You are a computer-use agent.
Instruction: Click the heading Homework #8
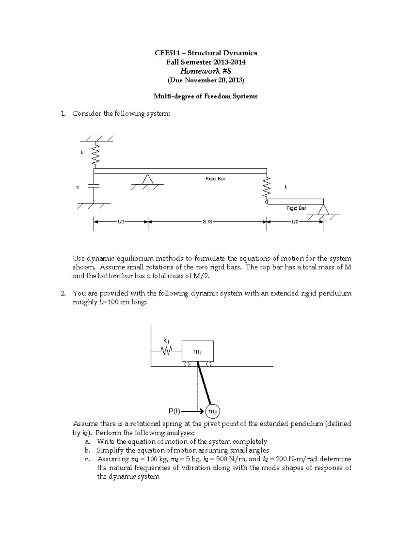(206, 71)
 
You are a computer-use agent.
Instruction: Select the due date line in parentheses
(206, 80)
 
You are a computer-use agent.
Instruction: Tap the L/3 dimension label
(121, 222)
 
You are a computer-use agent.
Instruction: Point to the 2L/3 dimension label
(207, 222)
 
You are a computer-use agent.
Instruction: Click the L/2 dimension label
(295, 222)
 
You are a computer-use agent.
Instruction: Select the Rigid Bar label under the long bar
(215, 178)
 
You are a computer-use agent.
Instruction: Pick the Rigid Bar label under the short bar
(296, 208)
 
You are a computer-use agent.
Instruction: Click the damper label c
(78, 187)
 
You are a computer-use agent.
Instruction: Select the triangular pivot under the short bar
(322, 210)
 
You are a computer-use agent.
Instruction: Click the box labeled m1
(197, 351)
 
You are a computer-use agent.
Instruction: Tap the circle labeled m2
(213, 412)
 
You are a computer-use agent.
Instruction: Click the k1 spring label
(166, 340)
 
